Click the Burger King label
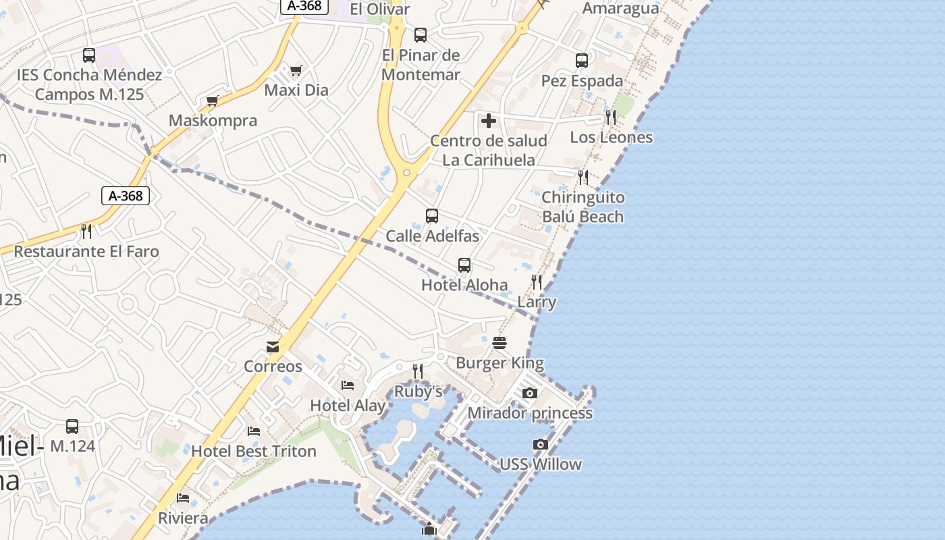[500, 363]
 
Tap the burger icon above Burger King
[500, 343]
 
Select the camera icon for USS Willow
[540, 444]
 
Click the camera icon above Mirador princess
[530, 393]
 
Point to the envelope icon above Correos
[273, 347]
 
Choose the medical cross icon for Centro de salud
[489, 122]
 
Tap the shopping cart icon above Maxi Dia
[296, 70]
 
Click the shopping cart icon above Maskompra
[213, 101]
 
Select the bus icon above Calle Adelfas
[432, 216]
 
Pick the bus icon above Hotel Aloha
[464, 265]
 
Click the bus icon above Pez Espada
[582, 61]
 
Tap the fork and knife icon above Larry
[537, 282]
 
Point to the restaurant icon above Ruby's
[418, 371]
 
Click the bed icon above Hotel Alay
[348, 385]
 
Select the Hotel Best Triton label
[254, 451]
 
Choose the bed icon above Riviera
[183, 498]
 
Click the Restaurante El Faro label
[86, 252]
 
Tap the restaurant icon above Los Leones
[611, 117]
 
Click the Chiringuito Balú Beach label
[583, 207]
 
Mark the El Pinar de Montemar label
[421, 65]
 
